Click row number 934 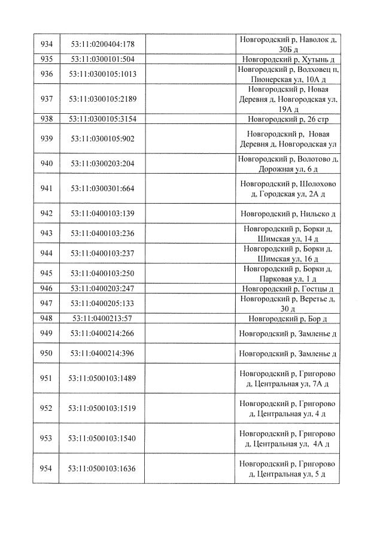click(46, 44)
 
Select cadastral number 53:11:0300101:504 click(102, 59)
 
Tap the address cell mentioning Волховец click(288, 74)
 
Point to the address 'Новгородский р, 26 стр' click(288, 119)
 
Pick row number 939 click(46, 139)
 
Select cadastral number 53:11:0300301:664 click(102, 189)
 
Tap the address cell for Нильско click(288, 214)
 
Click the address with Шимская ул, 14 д click(288, 234)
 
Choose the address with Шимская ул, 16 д click(288, 253)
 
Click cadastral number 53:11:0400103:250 click(102, 273)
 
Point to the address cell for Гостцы click(288, 288)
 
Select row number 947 click(46, 303)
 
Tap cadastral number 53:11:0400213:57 click(102, 318)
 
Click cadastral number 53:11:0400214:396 click(102, 353)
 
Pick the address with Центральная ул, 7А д click(288, 379)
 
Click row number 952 click(46, 408)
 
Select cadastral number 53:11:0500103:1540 click(102, 438)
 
